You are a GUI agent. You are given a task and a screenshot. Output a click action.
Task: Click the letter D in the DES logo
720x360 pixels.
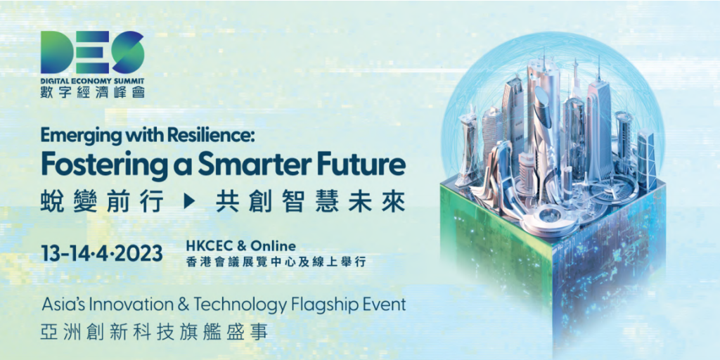tap(56, 52)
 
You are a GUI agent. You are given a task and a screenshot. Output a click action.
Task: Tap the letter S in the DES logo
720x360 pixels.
tap(128, 52)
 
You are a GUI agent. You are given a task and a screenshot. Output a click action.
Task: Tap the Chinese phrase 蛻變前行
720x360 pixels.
tap(101, 202)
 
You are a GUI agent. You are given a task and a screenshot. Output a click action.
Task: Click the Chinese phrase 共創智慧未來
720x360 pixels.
tap(310, 202)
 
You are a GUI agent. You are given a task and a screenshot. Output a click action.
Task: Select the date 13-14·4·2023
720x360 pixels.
tap(101, 253)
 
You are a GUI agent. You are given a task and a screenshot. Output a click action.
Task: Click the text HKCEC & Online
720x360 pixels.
tap(241, 246)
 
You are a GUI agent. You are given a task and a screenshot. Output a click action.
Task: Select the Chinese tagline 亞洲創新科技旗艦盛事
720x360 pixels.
tap(154, 333)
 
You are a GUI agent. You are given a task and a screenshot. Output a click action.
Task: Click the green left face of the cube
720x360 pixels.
tap(495, 239)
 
